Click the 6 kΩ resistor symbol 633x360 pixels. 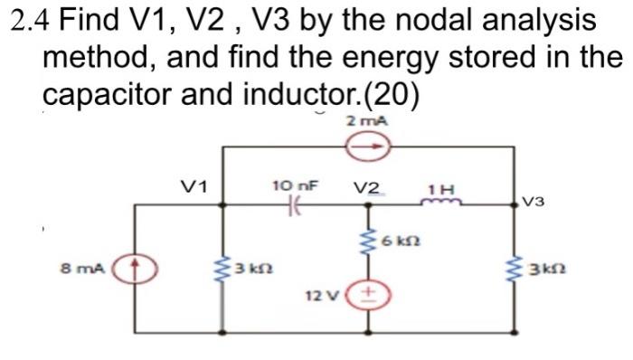tap(368, 242)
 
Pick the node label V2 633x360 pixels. tap(367, 188)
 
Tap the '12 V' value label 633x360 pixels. tap(322, 296)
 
